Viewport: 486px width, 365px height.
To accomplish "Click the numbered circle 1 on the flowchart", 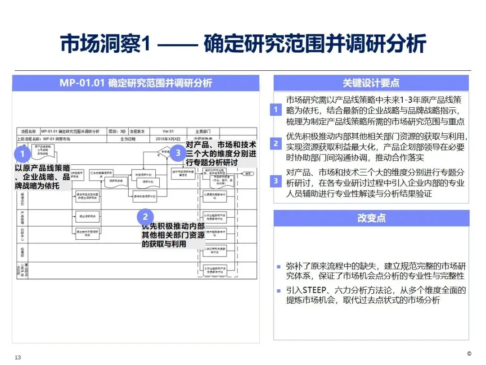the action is pyautogui.click(x=23, y=154).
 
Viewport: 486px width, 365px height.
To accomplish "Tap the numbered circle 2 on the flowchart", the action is pyautogui.click(x=145, y=216).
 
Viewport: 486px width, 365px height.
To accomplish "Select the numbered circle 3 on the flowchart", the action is pyautogui.click(x=178, y=153).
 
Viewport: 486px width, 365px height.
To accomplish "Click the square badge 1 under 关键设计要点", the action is pyautogui.click(x=276, y=110).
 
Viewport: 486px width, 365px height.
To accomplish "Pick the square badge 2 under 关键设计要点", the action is pyautogui.click(x=276, y=144).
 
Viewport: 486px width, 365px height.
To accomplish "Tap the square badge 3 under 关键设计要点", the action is pyautogui.click(x=276, y=181).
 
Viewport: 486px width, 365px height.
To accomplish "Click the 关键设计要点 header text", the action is pyautogui.click(x=371, y=83).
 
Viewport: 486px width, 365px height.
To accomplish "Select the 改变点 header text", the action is pyautogui.click(x=371, y=218).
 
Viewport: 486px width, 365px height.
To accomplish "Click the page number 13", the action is pyautogui.click(x=18, y=357).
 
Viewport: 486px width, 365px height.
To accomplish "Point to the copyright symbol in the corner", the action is pyautogui.click(x=469, y=353).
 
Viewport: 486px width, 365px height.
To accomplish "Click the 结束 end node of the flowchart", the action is pyautogui.click(x=247, y=173).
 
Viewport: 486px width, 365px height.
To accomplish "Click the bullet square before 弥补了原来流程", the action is pyautogui.click(x=279, y=267).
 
